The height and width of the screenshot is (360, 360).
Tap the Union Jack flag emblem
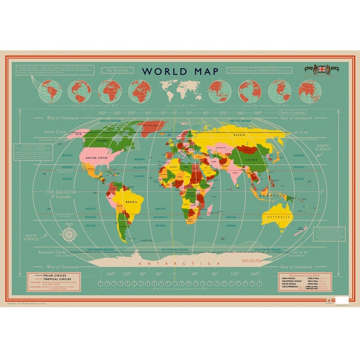321,69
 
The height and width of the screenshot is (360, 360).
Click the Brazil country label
131,202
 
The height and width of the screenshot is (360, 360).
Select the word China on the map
250,160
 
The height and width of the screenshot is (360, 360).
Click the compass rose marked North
69,234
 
